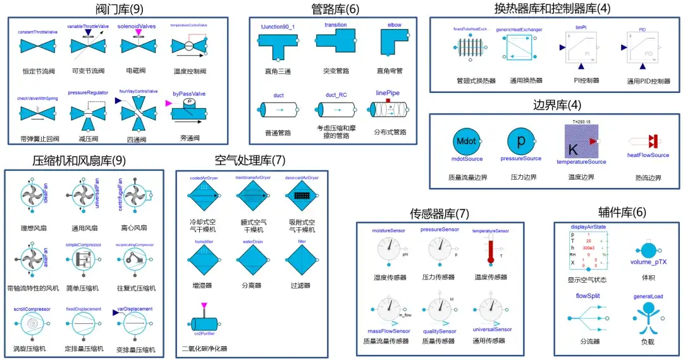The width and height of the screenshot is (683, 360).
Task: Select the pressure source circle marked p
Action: (x=521, y=140)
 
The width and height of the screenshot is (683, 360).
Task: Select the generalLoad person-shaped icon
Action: (x=647, y=316)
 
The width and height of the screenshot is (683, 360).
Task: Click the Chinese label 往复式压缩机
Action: (x=136, y=288)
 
